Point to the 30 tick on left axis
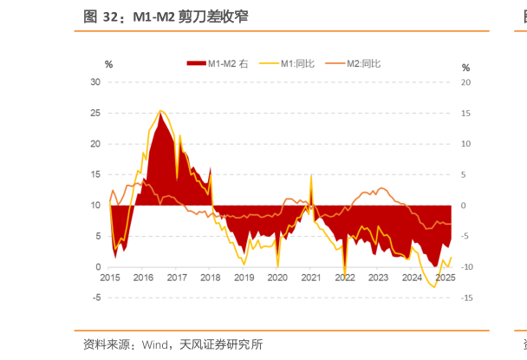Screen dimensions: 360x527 [96, 82]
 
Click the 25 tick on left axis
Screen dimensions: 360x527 [96, 114]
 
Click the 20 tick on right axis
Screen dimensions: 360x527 [465, 82]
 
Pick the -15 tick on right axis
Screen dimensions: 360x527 [466, 298]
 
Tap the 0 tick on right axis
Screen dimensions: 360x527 [464, 206]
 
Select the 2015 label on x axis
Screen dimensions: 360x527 [110, 278]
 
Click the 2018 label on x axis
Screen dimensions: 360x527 [211, 278]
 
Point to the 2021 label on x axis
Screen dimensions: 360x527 [311, 278]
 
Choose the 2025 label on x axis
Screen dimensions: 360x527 [445, 278]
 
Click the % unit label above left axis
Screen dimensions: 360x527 [109, 64]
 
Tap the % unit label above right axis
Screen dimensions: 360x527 [465, 68]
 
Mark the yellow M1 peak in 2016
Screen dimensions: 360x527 [160, 111]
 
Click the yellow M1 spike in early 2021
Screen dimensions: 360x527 [311, 175]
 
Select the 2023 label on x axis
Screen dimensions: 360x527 [378, 278]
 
